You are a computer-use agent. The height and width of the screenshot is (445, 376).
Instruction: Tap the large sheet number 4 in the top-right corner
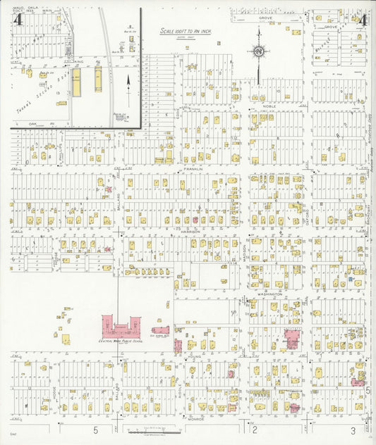point(361,20)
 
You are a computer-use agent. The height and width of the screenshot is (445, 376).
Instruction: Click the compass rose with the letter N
point(259,52)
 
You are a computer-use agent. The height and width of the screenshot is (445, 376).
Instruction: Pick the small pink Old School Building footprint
point(160,329)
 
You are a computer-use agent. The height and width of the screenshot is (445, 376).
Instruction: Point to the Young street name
point(194,356)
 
